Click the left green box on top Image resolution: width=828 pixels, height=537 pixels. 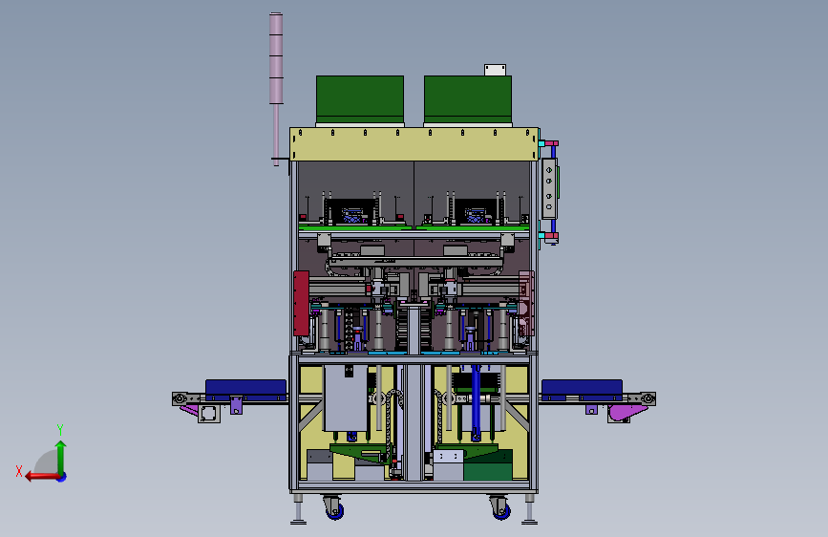click(360, 98)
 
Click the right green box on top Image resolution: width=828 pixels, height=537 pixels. click(468, 98)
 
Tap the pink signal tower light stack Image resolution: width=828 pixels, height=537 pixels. click(276, 58)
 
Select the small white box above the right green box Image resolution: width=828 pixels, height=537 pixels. click(496, 70)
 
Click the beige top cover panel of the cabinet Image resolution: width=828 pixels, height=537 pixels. click(414, 143)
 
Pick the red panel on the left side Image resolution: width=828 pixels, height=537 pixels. click(301, 303)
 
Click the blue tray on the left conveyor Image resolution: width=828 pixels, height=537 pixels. click(245, 389)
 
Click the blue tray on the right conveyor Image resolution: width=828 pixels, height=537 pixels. click(582, 389)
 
